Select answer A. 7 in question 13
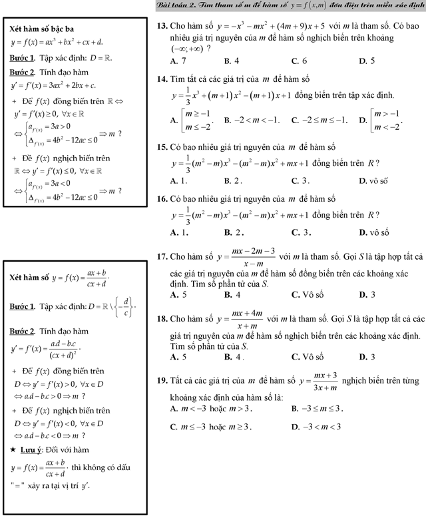click(x=178, y=61)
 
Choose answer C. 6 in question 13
click(x=300, y=61)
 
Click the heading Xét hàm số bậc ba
click(x=42, y=29)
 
